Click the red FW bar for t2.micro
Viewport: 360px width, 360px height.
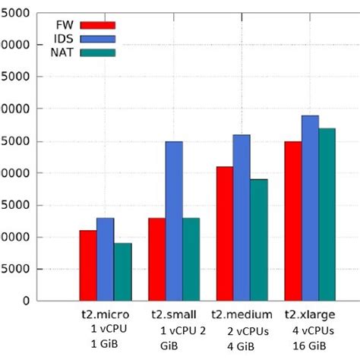click(x=87, y=266)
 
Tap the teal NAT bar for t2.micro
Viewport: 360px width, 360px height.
click(x=123, y=272)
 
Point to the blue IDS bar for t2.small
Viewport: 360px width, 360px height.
click(x=174, y=221)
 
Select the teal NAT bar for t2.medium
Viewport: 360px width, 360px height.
click(x=259, y=240)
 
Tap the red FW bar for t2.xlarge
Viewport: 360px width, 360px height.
click(x=292, y=221)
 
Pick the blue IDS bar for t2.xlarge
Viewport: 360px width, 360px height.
click(x=310, y=208)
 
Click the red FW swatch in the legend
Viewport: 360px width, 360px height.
click(x=97, y=25)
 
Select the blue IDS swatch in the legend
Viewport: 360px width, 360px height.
click(x=97, y=38)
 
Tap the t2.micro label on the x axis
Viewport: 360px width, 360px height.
click(x=106, y=315)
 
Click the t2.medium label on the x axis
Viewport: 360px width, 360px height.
click(x=242, y=315)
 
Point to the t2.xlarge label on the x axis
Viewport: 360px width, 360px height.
click(x=310, y=315)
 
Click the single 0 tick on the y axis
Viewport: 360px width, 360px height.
click(x=26, y=301)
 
